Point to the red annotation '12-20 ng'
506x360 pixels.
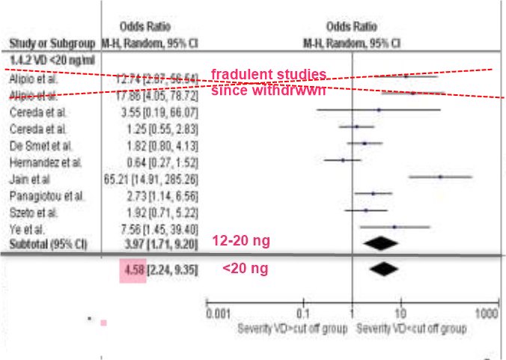click(x=241, y=241)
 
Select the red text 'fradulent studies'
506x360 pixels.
click(x=268, y=75)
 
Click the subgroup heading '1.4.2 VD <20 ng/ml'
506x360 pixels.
click(x=42, y=57)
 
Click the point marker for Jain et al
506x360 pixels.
click(x=440, y=177)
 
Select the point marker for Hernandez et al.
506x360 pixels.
click(x=343, y=159)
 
